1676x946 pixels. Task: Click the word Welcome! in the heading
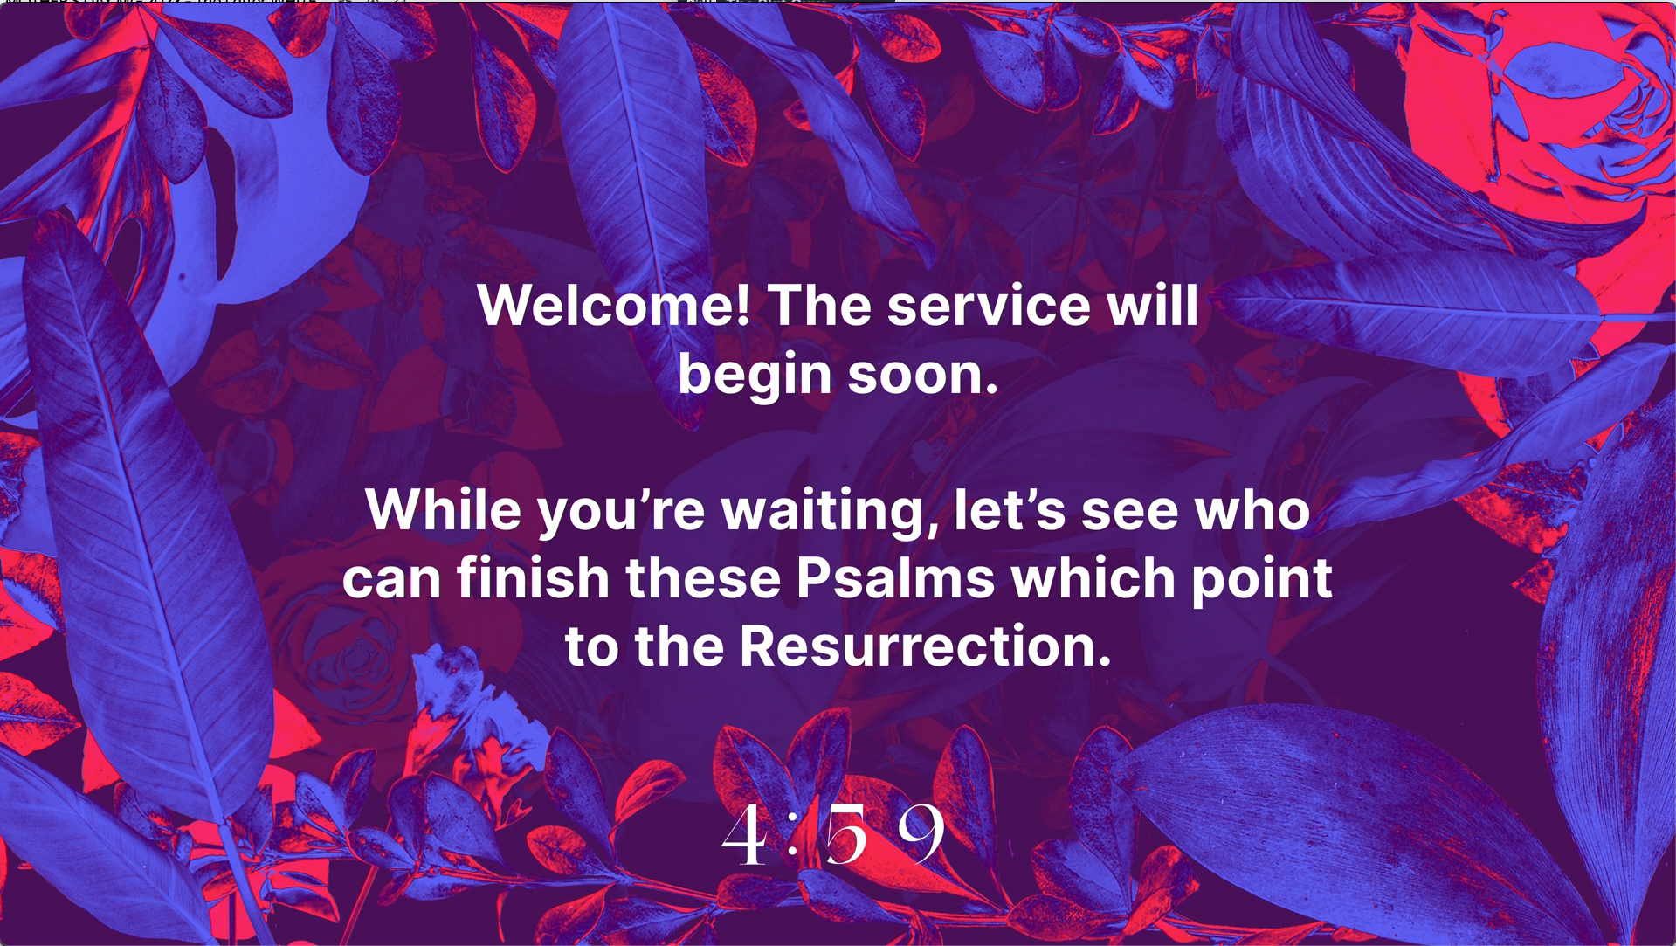coord(613,305)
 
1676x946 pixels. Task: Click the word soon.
coord(923,375)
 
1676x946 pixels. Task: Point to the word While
coord(443,509)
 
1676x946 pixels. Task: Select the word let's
coord(1010,509)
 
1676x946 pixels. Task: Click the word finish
coord(533,577)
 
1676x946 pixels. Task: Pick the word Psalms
coord(895,577)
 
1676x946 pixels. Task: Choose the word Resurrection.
coord(926,646)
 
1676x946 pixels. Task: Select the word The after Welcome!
coord(818,305)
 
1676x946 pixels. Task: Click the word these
coord(703,577)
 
